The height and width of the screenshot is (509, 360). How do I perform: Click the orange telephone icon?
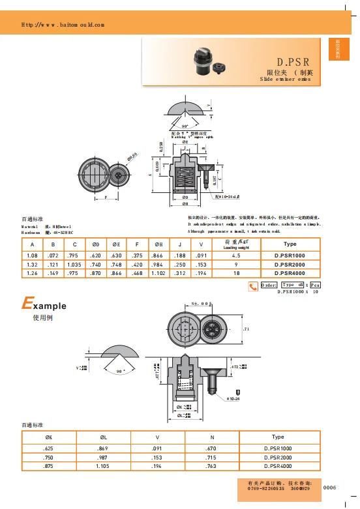(x=252, y=285)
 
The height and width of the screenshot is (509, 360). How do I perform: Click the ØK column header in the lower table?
(x=49, y=437)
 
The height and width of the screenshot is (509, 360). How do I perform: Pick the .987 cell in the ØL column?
(x=103, y=458)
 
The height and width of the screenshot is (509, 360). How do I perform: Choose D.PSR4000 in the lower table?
(x=278, y=467)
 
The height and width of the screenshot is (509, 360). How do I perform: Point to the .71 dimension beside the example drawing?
(x=246, y=330)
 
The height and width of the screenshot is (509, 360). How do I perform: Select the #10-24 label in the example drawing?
(x=233, y=398)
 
